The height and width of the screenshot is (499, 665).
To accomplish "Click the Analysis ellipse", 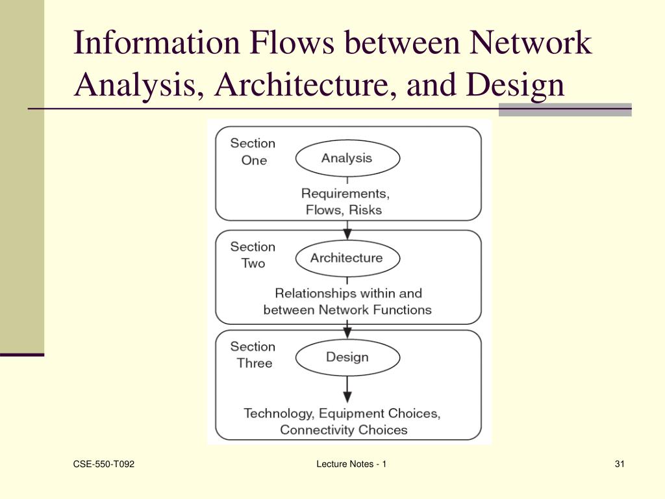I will coord(347,158).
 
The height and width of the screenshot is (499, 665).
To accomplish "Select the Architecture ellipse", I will coord(347,258).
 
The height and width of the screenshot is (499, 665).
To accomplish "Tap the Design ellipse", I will coord(347,357).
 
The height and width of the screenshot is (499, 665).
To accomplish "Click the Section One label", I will coord(253,151).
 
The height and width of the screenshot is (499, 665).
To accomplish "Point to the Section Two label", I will coord(253,255).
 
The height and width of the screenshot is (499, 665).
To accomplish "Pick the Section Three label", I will coord(253,355).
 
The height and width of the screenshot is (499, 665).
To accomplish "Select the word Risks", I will coord(365,210).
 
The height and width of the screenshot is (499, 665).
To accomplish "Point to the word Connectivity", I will coord(318,430).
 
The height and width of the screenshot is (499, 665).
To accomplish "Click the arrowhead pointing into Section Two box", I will coord(347,233).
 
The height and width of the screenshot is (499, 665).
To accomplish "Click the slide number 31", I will coord(619,464).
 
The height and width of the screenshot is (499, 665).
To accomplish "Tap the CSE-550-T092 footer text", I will coord(104,464).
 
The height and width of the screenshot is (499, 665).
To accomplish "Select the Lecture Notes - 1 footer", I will coord(351,464).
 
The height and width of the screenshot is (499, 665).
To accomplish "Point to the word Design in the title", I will coord(516,85).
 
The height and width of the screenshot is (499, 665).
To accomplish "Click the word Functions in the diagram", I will coord(399,310).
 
